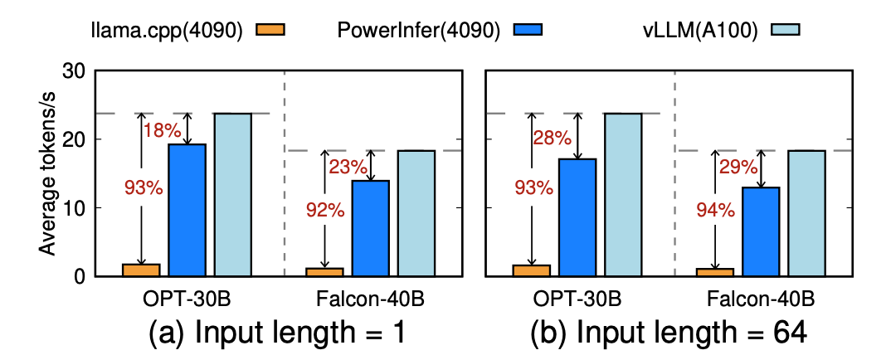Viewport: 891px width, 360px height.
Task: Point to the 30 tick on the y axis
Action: click(73, 72)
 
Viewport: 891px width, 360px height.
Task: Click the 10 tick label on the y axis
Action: click(73, 208)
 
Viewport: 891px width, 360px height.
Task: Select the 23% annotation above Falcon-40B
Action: click(346, 166)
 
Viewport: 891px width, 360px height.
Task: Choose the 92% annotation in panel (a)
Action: click(324, 210)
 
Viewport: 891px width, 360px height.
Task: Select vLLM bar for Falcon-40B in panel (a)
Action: click(416, 213)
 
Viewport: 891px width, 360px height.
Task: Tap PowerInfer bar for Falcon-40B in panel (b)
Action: click(761, 231)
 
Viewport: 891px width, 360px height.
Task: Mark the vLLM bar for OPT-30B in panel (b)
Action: click(623, 194)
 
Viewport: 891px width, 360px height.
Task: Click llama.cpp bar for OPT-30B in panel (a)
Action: click(142, 270)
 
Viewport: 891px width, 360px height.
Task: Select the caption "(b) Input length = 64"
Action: click(669, 333)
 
